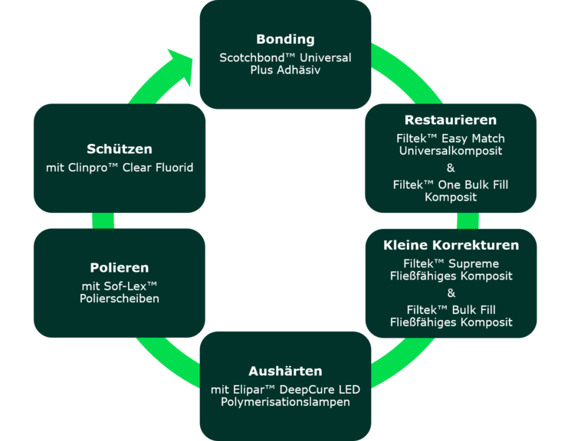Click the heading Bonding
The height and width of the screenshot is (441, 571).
point(285,39)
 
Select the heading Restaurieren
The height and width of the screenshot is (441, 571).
point(451,120)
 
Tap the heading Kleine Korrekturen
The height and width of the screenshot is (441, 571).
point(451,246)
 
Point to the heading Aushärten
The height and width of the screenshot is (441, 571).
point(285,371)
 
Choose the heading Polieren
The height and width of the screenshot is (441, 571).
point(119,268)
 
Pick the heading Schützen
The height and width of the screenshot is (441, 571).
point(119,149)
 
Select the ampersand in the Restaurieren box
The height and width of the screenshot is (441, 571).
point(451,168)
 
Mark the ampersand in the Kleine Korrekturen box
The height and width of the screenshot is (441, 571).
point(451,293)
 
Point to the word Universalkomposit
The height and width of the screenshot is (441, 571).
point(451,151)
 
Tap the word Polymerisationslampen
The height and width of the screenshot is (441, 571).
point(285,402)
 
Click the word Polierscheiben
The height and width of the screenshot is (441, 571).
point(119,299)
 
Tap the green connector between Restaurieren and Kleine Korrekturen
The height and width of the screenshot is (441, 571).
point(468,220)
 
